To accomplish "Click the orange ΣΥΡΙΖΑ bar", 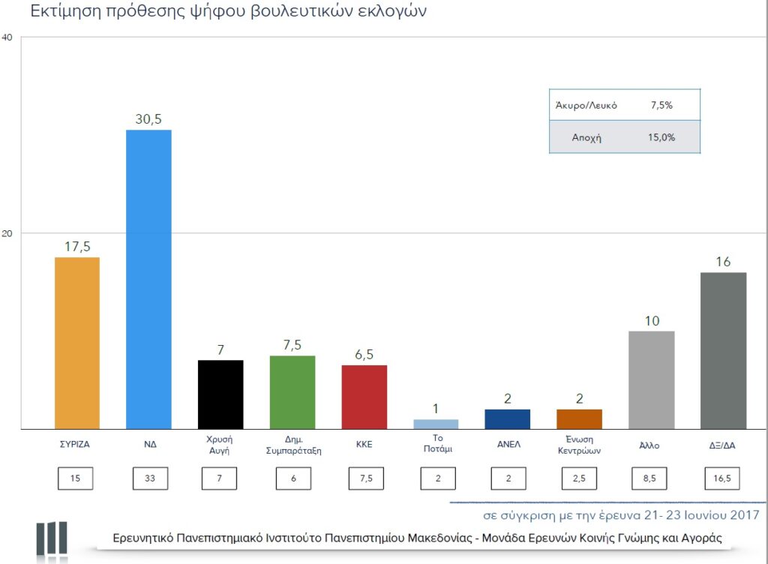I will tap(77, 343).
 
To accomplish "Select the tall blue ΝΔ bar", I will tap(148, 279).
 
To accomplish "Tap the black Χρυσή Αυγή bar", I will tap(220, 394).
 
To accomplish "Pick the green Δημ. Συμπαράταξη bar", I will tap(292, 392).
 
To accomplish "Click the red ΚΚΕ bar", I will tap(364, 397).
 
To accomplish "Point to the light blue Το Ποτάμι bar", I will tap(436, 424).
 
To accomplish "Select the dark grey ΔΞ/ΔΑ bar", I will tap(723, 350).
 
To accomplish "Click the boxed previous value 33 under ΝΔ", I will tap(148, 478).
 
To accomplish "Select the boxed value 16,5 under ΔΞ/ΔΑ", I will tap(723, 478).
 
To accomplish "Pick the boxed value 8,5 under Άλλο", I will tap(651, 478).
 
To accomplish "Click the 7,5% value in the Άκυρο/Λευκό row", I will tap(661, 106).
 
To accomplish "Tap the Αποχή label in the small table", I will tap(586, 138).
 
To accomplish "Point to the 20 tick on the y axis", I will tap(7, 233).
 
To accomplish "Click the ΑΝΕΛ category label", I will tap(508, 444).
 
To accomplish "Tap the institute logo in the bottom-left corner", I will tap(52, 538).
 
